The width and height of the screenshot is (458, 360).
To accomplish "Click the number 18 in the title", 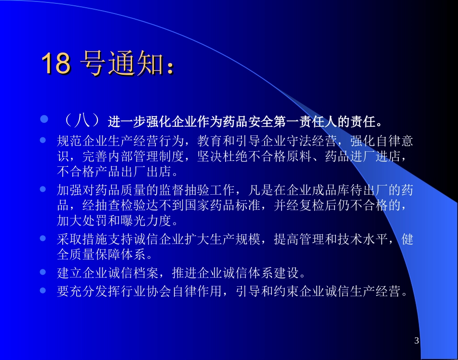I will [56, 64].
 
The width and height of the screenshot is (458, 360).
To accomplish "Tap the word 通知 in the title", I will [136, 64].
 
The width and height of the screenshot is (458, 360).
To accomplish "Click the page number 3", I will [417, 341].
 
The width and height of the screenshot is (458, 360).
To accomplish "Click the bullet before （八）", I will [43, 119].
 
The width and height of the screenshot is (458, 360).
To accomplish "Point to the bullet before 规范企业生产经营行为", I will [43, 140].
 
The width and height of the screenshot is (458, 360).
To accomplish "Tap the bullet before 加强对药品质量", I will [43, 189].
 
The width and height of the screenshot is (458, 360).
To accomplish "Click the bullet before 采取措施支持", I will [43, 238].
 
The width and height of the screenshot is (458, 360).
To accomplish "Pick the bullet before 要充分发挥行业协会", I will [43, 291].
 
